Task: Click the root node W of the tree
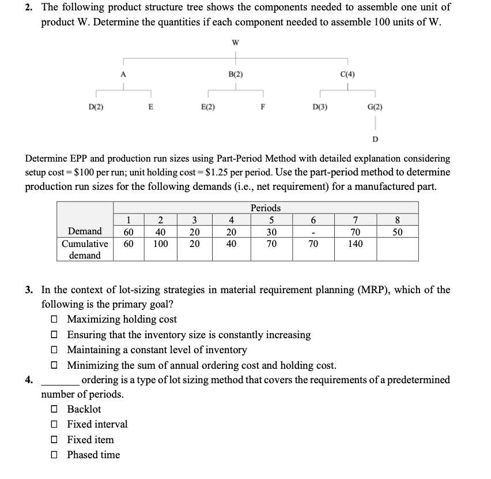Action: coord(235,42)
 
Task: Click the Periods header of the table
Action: coord(266,208)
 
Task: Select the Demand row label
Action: coord(85,231)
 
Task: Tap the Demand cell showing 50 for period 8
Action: coord(398,231)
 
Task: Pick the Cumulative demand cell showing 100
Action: coord(161,244)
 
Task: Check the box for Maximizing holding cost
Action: coord(54,319)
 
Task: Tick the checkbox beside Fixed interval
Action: coord(54,424)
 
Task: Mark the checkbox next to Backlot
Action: coord(54,409)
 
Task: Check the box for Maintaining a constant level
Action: coord(54,350)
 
